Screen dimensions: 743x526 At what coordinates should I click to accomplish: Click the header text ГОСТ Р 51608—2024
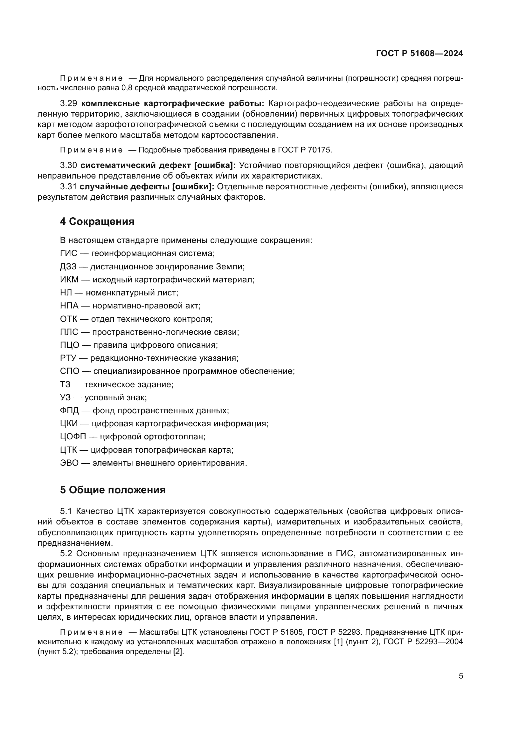pos(419,54)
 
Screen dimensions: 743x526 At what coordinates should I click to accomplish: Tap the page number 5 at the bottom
pos(460,676)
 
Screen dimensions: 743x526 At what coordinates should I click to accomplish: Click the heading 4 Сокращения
pos(97,222)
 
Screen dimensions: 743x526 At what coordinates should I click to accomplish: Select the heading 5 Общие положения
pos(112,490)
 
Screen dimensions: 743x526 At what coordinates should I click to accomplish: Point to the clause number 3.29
pos(68,104)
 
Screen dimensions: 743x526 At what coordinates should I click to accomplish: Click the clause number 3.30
pos(68,165)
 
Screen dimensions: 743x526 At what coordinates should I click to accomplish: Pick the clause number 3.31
pos(68,187)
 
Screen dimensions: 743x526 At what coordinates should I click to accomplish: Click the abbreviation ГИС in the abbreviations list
pos(68,253)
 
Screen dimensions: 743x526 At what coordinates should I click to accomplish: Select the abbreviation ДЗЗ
pos(68,267)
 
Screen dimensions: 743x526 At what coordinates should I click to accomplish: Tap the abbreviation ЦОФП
pos(73,436)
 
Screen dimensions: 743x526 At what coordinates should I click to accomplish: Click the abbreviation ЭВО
pos(69,463)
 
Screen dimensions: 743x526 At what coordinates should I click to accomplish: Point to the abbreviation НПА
pos(69,306)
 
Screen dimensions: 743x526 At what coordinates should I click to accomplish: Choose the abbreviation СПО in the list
pos(69,371)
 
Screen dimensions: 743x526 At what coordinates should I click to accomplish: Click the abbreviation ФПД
pos(69,411)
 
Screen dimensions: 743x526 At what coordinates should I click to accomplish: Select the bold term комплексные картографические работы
pos(172,104)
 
